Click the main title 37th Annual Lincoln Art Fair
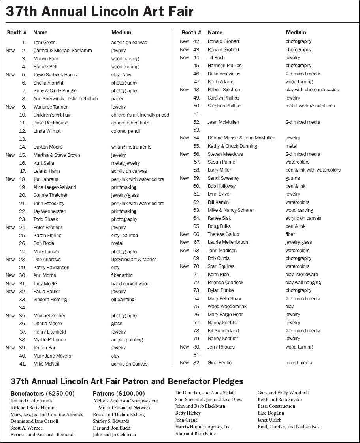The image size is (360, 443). (x=99, y=12)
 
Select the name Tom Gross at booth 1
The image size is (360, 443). (x=44, y=43)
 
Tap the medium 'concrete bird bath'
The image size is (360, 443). (x=130, y=123)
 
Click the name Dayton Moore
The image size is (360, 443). (x=48, y=147)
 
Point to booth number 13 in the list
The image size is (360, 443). (x=23, y=139)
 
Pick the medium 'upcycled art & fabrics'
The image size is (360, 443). (x=134, y=260)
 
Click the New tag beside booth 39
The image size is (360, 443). (x=10, y=348)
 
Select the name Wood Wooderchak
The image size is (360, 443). (x=227, y=307)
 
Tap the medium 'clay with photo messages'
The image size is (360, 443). (x=312, y=90)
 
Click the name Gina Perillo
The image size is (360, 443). (x=219, y=363)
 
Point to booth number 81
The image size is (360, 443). (x=197, y=355)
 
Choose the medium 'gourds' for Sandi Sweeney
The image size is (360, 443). (x=292, y=178)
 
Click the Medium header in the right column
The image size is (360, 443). (x=296, y=32)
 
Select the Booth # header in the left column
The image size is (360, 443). (x=17, y=32)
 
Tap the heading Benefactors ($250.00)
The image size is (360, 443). (x=43, y=394)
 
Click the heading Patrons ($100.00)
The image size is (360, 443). (x=119, y=394)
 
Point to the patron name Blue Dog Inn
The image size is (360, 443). (x=271, y=413)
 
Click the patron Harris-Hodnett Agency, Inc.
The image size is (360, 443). (x=203, y=427)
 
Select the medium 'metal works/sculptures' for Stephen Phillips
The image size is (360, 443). (x=310, y=106)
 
